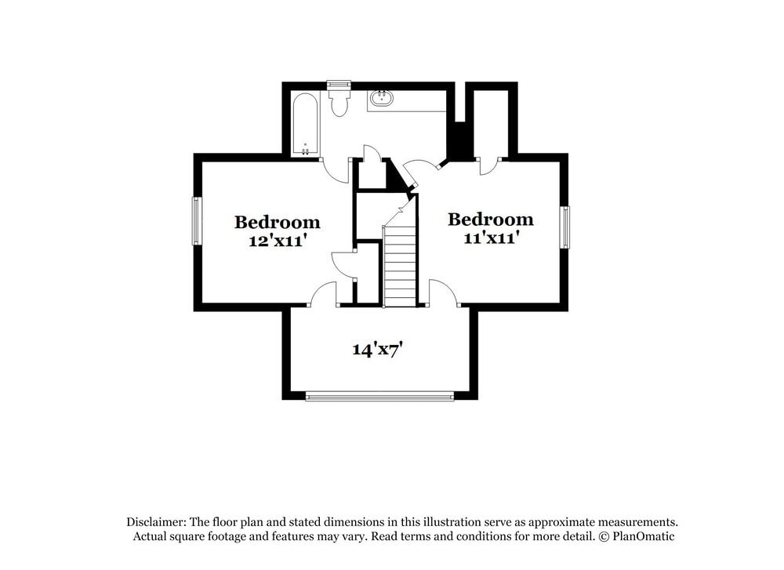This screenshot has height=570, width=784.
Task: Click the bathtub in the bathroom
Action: pos(304,124)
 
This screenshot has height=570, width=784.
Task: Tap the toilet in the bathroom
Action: pos(339,103)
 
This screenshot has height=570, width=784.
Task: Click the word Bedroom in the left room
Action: pos(277,223)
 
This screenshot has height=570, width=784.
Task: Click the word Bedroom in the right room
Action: pos(490,220)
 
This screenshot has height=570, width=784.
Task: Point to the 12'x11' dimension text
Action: pos(277,241)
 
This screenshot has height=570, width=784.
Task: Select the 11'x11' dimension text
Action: pos(490,238)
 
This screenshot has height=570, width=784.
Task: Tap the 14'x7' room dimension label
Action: pos(377,350)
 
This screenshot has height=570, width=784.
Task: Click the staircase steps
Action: pos(400,267)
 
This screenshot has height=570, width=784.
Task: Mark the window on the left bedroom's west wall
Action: pos(197,221)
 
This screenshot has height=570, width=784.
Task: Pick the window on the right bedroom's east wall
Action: pos(564,227)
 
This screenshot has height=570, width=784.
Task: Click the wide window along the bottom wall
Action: pos(379,397)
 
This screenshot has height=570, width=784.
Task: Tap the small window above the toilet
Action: pos(339,85)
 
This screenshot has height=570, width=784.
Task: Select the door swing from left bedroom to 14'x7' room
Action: pos(323,295)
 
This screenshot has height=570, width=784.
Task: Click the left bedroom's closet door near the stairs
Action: pos(343,263)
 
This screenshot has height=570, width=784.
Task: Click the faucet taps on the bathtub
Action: pos(305,148)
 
